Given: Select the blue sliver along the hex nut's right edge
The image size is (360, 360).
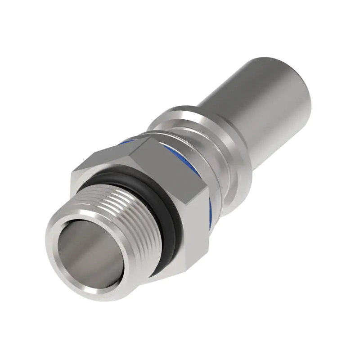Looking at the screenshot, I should click(x=210, y=211).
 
